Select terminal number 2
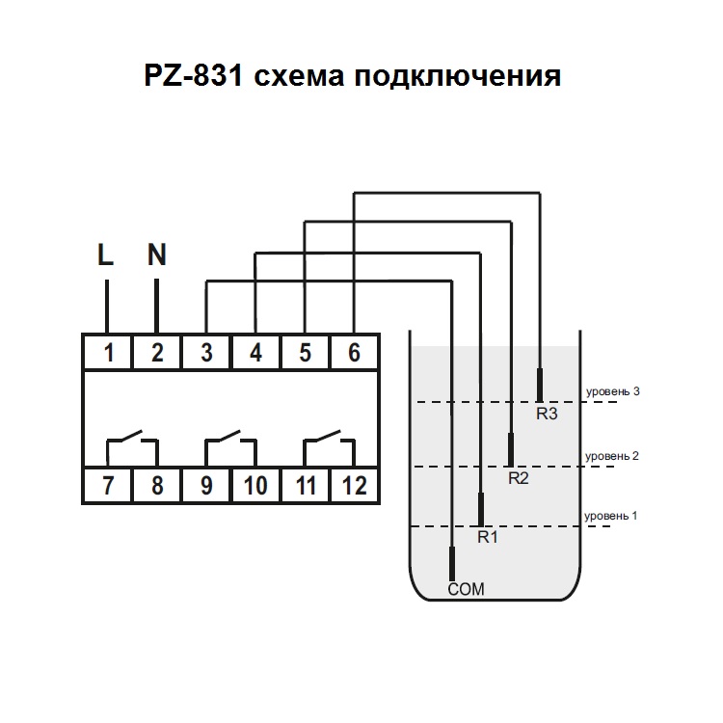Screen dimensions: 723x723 tap(156, 353)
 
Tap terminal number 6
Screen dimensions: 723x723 tap(354, 353)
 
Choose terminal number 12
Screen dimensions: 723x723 tap(354, 485)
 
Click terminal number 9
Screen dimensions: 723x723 tap(206, 485)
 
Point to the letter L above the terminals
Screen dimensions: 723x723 tap(106, 255)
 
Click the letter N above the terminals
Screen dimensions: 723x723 tap(156, 255)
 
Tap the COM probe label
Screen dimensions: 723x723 tap(466, 590)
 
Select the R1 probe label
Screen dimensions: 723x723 tap(488, 537)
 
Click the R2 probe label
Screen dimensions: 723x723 tap(518, 477)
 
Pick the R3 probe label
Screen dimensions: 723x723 tap(547, 415)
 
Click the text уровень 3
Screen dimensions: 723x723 tap(613, 392)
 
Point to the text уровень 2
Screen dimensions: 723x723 tap(613, 456)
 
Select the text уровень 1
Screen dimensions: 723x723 tap(613, 516)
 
